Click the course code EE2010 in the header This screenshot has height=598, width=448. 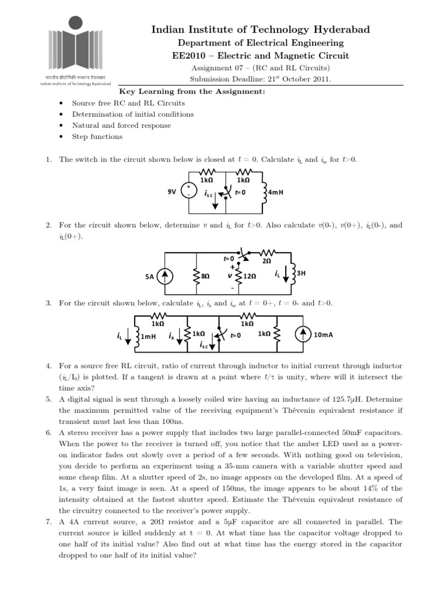click(x=188, y=55)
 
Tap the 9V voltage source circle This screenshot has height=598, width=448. click(x=191, y=192)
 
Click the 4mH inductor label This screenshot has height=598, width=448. click(x=275, y=192)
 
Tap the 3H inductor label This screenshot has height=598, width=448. click(x=302, y=273)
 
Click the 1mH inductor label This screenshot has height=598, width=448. click(x=150, y=336)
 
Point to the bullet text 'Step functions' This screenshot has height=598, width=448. click(x=97, y=137)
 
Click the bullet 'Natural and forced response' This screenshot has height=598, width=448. click(x=121, y=126)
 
